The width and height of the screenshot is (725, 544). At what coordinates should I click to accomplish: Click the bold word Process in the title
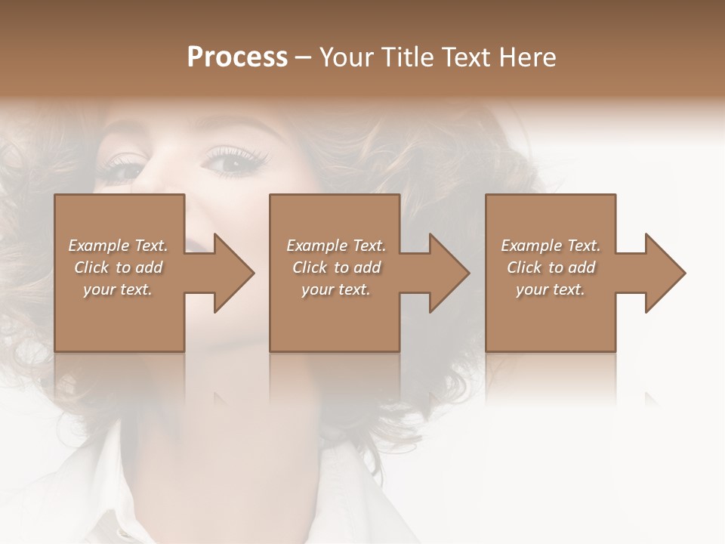click(x=237, y=57)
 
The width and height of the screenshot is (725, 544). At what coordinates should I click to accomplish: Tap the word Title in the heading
click(x=407, y=57)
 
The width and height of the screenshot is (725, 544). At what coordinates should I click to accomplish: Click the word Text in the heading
click(x=467, y=57)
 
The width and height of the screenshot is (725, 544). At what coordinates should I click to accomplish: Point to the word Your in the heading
click(x=347, y=57)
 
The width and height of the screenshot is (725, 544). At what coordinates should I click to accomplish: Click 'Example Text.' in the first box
click(x=118, y=246)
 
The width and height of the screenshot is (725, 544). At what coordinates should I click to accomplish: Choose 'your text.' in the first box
click(x=118, y=289)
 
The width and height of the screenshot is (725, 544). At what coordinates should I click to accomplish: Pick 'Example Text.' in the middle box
click(x=336, y=246)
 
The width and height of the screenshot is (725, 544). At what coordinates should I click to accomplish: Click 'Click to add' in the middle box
click(x=336, y=267)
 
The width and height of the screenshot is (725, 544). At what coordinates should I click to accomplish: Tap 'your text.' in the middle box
click(x=336, y=289)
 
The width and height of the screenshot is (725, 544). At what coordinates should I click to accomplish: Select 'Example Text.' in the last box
click(x=551, y=246)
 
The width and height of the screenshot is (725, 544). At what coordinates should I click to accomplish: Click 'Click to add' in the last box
click(x=551, y=267)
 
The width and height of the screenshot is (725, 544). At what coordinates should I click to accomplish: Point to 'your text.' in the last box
click(x=551, y=289)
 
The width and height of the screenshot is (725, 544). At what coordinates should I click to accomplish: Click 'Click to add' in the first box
click(x=118, y=267)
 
